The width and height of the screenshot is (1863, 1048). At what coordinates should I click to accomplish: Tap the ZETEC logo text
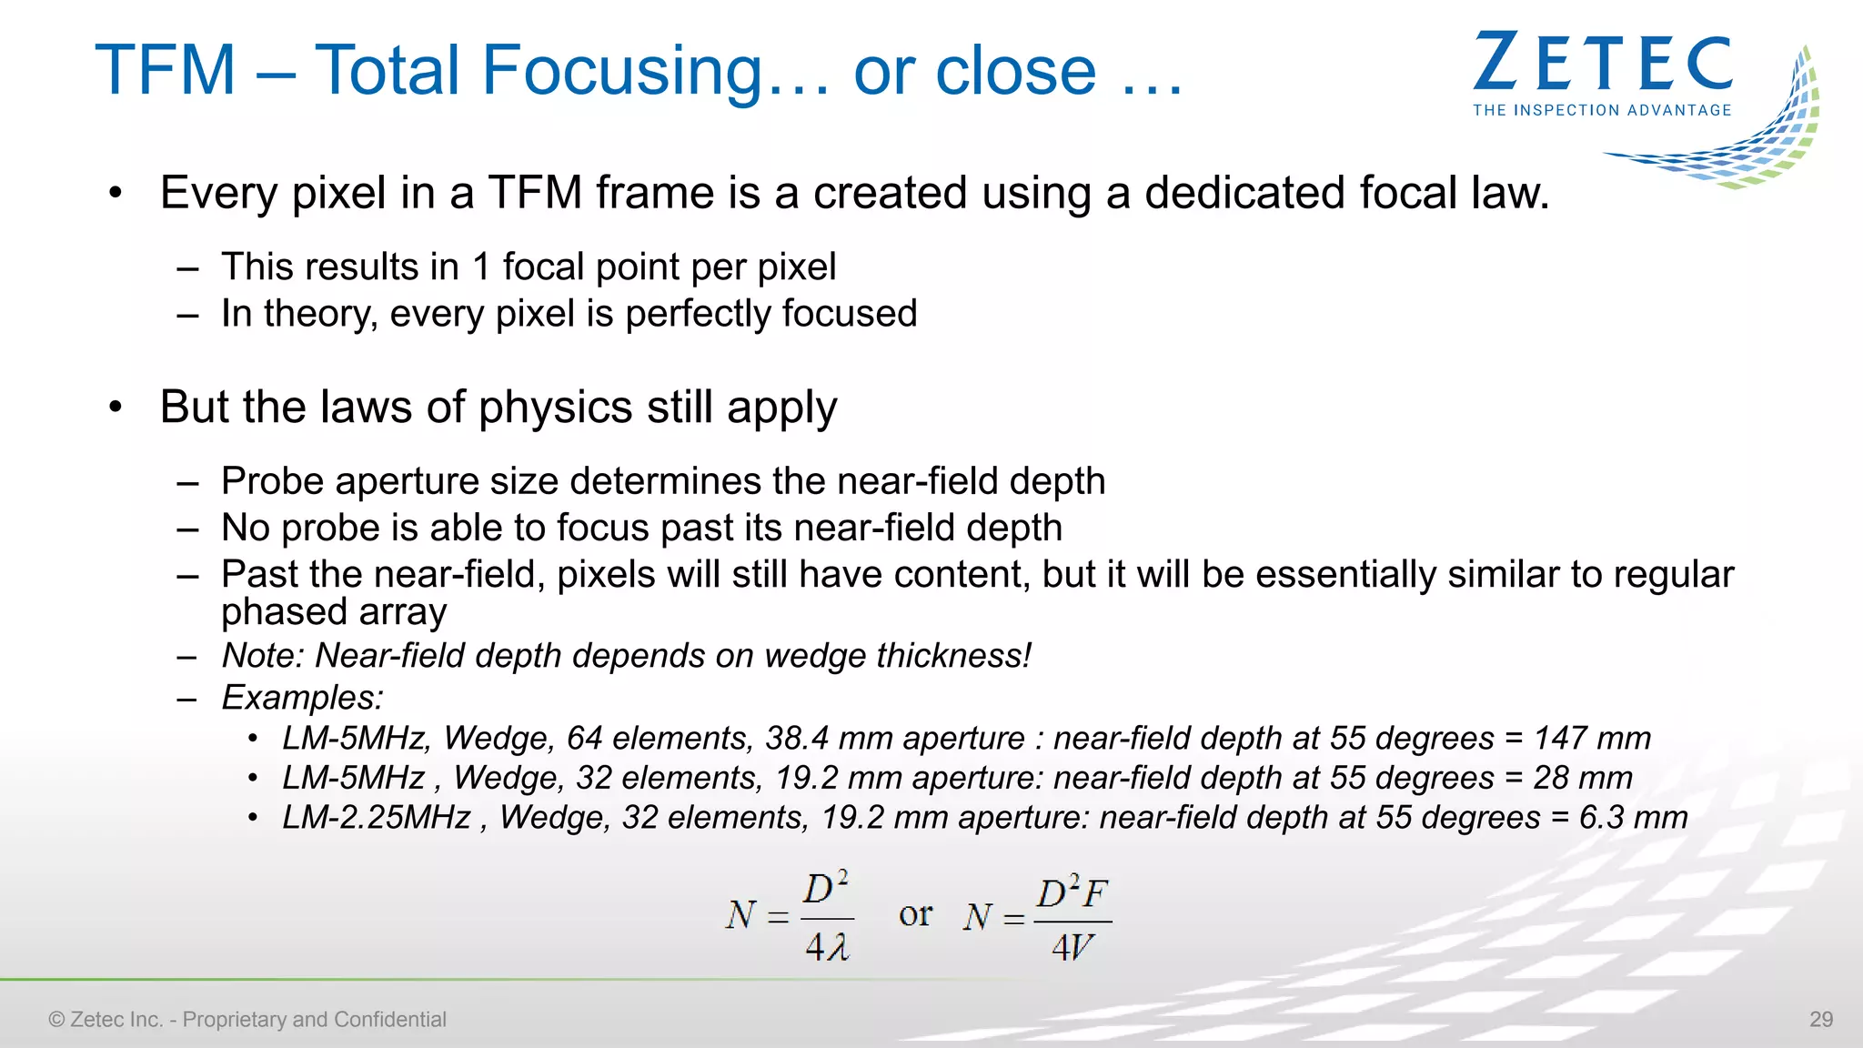(1603, 64)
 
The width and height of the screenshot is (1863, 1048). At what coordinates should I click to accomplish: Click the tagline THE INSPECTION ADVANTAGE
(1602, 110)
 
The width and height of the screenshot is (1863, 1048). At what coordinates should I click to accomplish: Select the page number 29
(1821, 1019)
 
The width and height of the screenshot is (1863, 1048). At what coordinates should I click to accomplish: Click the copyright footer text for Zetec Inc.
(247, 1019)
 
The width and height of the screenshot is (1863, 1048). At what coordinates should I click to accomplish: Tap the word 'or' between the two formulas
(915, 914)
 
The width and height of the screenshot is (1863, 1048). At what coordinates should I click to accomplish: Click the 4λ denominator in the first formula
(826, 948)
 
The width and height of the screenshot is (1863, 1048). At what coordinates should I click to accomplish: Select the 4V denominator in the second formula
(1072, 948)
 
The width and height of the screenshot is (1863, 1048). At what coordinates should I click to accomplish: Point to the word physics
(555, 408)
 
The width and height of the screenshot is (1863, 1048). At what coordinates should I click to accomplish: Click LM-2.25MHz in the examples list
(377, 817)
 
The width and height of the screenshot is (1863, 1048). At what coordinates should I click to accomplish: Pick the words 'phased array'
(334, 612)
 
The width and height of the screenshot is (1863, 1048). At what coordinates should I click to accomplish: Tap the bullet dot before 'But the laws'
(115, 407)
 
